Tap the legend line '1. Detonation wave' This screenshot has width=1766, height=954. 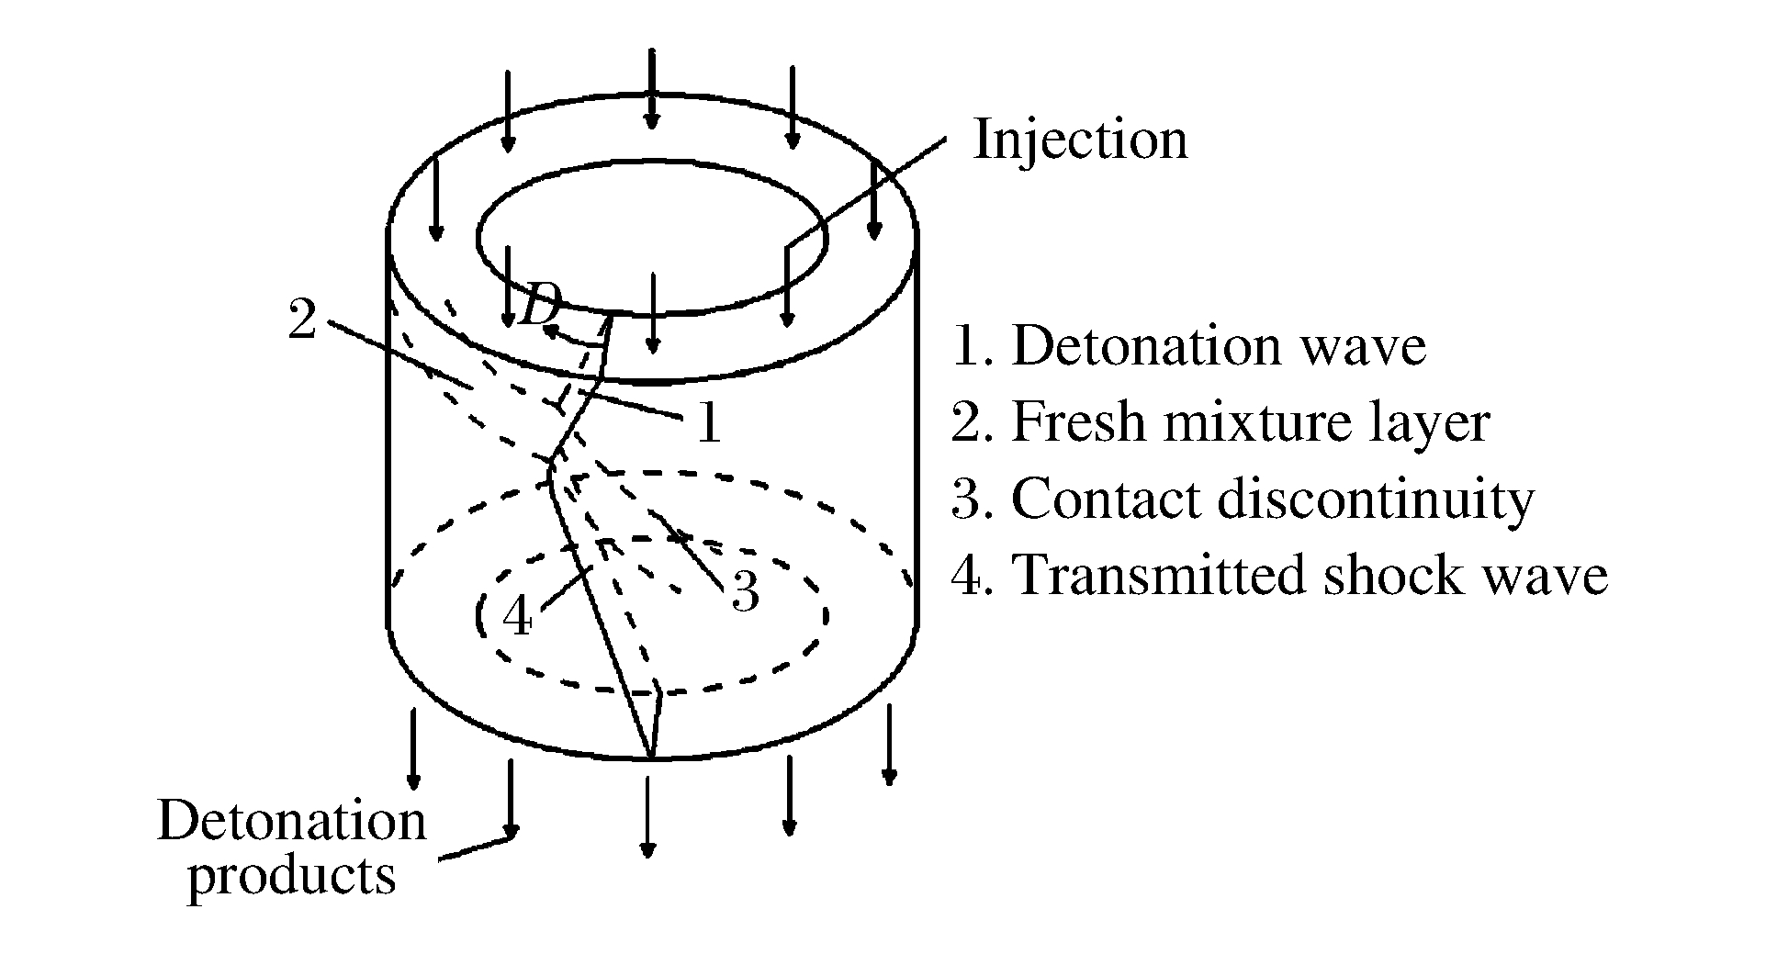tap(1189, 347)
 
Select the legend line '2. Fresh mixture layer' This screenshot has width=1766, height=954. tap(1220, 423)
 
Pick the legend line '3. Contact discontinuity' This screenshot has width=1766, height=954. tap(1243, 500)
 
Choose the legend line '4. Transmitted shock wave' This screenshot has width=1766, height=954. tap(1279, 577)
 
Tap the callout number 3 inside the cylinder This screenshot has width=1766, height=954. tap(745, 592)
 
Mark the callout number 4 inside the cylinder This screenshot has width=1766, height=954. tap(518, 617)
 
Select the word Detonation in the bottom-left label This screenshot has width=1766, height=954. tap(292, 821)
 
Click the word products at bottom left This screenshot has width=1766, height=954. tap(292, 876)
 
